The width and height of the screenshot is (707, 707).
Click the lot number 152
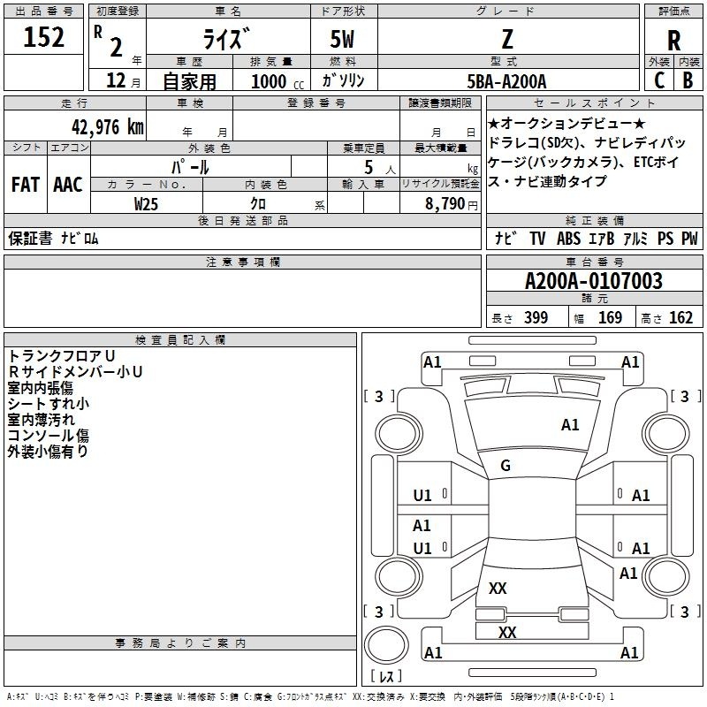[x=43, y=37]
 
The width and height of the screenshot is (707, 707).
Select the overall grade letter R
[x=673, y=41]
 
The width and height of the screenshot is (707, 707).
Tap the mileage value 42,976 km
[x=107, y=126]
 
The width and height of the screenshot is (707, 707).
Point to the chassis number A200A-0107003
[x=593, y=281]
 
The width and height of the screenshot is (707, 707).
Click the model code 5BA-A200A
[x=506, y=81]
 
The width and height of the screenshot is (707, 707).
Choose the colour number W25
[x=146, y=204]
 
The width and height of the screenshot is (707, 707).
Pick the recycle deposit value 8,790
[x=445, y=204]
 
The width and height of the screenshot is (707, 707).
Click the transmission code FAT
[x=26, y=185]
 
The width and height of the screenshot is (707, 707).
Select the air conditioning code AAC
[x=68, y=185]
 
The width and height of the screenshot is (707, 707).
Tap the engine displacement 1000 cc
[x=277, y=81]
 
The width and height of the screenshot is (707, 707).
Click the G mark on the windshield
[x=506, y=466]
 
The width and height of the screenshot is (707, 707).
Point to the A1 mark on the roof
[x=570, y=425]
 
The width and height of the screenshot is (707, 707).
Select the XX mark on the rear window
[x=498, y=588]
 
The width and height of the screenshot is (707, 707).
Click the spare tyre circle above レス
[x=386, y=645]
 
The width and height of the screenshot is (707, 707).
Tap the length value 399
[x=536, y=317]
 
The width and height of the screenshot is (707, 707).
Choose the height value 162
[x=680, y=317]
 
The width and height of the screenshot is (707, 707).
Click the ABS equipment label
[x=568, y=238]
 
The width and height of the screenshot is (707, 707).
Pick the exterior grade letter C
[x=659, y=80]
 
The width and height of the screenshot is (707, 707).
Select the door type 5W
[x=342, y=39]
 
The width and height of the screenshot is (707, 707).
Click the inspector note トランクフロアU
[x=61, y=356]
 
